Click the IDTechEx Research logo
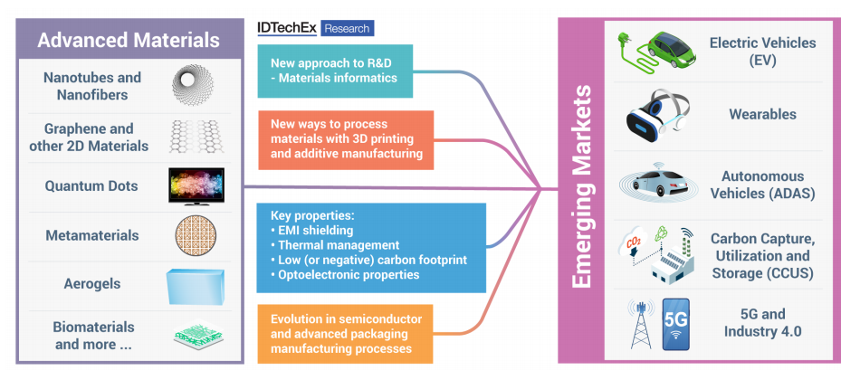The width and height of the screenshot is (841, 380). (x=315, y=28)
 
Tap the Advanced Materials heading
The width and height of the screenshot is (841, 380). (x=129, y=40)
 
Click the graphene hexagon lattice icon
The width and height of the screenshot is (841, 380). (x=196, y=136)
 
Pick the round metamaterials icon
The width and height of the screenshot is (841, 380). (x=196, y=236)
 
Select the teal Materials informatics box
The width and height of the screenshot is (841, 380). (x=335, y=71)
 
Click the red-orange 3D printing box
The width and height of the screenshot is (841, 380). (x=346, y=140)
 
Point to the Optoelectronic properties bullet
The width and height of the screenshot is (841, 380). (x=345, y=275)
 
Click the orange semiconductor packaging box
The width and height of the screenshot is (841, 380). (x=345, y=334)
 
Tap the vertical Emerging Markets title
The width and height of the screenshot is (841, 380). (x=581, y=186)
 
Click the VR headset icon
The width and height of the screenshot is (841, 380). (x=657, y=115)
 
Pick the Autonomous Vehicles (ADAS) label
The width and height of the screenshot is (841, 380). (x=762, y=185)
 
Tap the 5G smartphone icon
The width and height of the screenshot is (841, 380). (x=676, y=324)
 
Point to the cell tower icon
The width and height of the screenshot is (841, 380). (x=641, y=324)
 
